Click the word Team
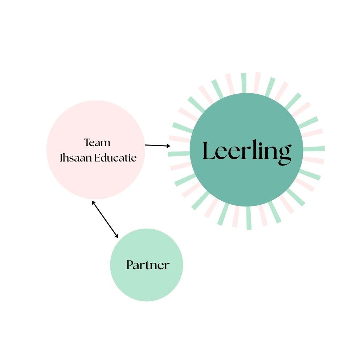pos(97,142)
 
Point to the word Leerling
pos(246,151)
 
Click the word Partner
pos(148,265)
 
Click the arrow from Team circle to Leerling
pos(157,146)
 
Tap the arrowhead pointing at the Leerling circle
pos(168,146)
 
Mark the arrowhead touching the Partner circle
pos(116,236)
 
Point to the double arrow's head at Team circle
pos(93,202)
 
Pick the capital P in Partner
pos(130,265)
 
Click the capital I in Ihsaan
pos(61,158)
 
